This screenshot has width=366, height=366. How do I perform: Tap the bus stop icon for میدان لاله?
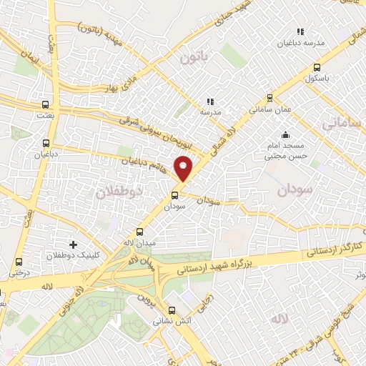point(139,231)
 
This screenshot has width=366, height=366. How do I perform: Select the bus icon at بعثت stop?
point(46,102)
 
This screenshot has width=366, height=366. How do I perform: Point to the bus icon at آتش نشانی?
point(171,310)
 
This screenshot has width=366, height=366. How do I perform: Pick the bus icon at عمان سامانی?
point(269,98)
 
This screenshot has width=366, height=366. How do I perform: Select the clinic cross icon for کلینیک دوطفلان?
point(72,244)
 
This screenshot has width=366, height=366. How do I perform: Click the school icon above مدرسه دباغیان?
point(300,31)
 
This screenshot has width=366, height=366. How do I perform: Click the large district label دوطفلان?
point(119,192)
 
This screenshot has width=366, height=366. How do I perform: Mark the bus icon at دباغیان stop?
point(46,142)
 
